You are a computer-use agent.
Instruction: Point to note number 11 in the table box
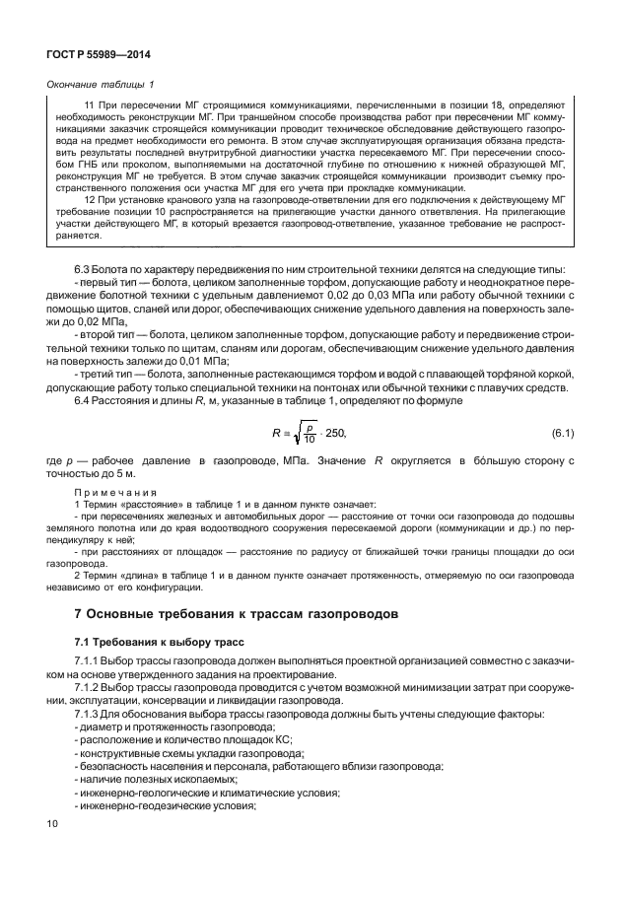(x=92, y=104)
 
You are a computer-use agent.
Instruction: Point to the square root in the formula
(x=297, y=433)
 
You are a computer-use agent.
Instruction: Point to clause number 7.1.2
(x=91, y=687)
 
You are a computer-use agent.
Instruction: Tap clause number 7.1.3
(x=91, y=713)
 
